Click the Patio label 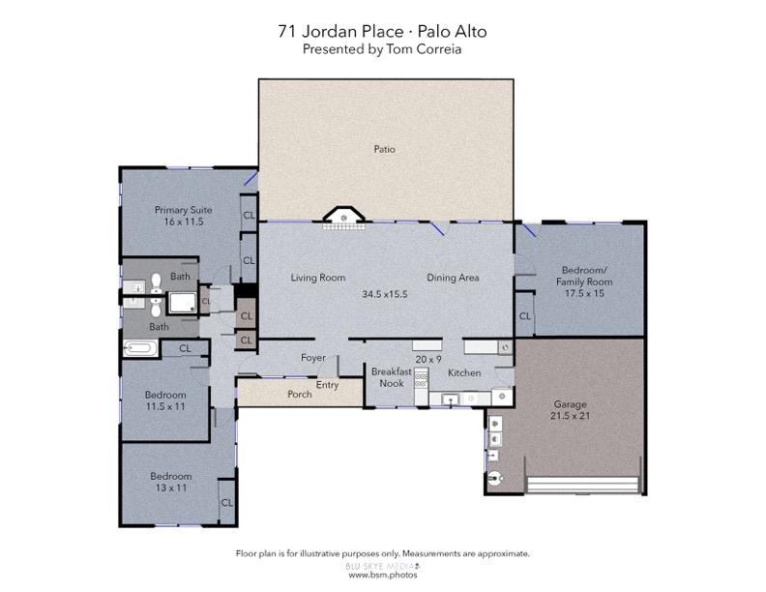tap(385, 149)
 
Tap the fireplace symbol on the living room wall tap(344, 219)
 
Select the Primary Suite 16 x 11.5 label tap(183, 216)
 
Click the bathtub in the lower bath tap(140, 349)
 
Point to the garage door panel tap(583, 485)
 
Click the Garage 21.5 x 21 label tap(570, 410)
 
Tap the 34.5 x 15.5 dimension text tap(385, 294)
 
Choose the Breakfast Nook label tap(392, 377)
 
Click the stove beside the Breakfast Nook tap(421, 379)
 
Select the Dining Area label tap(453, 278)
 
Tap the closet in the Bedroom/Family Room tap(524, 314)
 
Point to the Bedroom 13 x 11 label tap(170, 482)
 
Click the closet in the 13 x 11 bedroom tap(226, 502)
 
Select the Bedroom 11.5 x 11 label tap(165, 400)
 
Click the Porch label tap(300, 394)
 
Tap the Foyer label tap(313, 358)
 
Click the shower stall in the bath tap(183, 303)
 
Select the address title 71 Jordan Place tap(340, 31)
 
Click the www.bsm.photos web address tap(383, 575)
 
